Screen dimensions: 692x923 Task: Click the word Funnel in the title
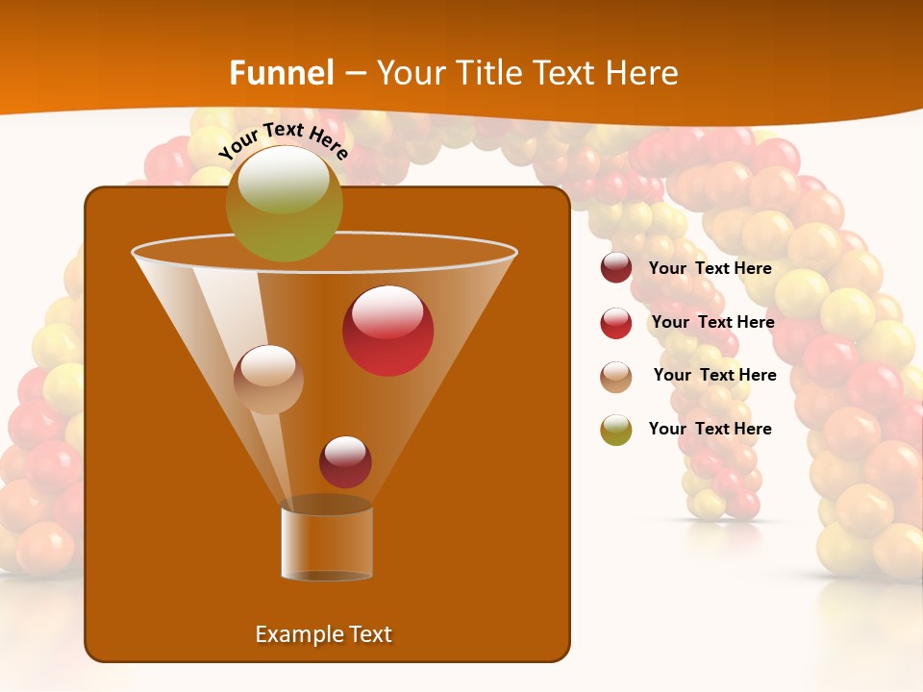pos(282,73)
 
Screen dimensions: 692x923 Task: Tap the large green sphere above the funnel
pos(285,203)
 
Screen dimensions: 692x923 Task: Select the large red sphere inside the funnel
pos(388,331)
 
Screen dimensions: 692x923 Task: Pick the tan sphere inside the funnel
pos(268,380)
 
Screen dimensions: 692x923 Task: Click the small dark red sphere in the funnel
pos(345,461)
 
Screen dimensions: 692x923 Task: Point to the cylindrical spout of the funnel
pos(327,543)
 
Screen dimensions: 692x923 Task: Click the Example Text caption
pos(323,634)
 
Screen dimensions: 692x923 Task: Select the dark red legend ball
pos(616,268)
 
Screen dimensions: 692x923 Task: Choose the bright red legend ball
pos(616,323)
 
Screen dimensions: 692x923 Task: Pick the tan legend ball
pos(616,377)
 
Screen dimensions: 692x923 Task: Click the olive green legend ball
pos(616,430)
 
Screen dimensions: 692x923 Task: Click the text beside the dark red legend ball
pos(710,269)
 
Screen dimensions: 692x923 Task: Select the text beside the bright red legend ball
pos(712,322)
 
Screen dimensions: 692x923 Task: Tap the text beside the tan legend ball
pos(714,375)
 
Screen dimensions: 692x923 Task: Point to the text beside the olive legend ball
pos(710,429)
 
